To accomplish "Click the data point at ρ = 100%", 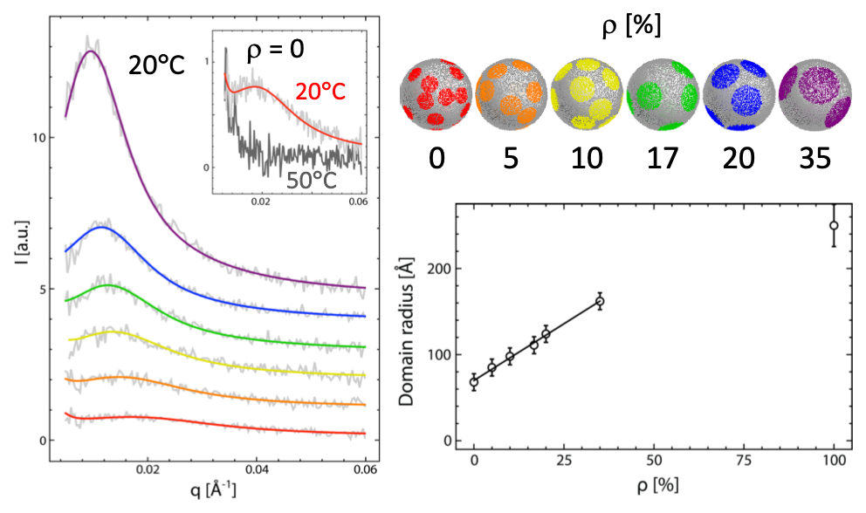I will [834, 225].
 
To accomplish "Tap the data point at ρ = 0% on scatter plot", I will [474, 382].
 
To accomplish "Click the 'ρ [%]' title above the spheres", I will [623, 25].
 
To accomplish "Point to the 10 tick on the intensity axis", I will [35, 138].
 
